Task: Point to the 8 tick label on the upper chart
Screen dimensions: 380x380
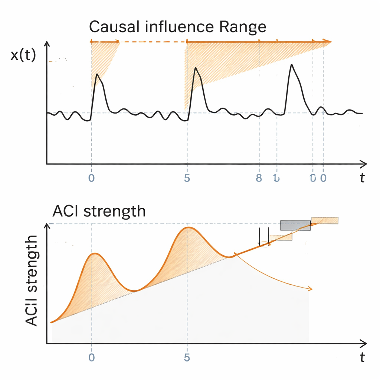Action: click(259, 178)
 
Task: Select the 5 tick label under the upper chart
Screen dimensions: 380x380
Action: click(187, 178)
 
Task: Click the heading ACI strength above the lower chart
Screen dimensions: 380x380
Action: click(99, 211)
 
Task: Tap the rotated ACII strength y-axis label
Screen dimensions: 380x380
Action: click(33, 281)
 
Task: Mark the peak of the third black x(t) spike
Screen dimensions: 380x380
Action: click(292, 65)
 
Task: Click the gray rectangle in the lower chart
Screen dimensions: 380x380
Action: click(295, 226)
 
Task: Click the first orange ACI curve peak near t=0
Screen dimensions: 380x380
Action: click(95, 253)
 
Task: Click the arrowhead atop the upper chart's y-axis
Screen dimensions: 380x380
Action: click(47, 44)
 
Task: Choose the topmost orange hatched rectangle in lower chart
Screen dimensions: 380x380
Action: click(325, 220)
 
